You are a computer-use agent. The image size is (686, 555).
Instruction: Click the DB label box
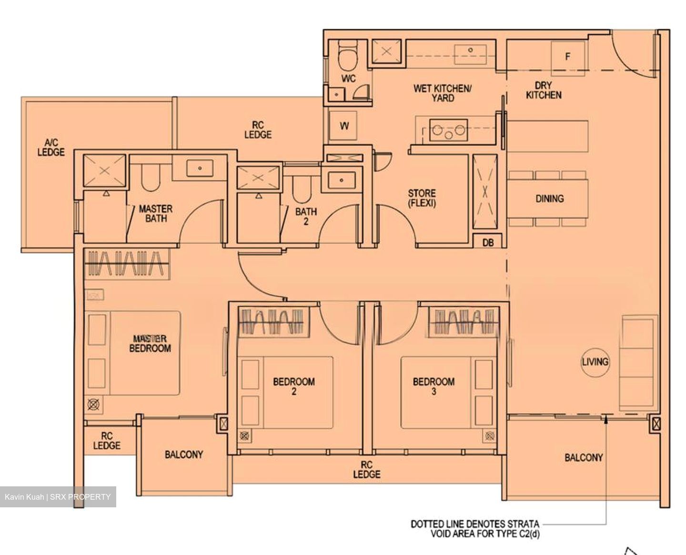coord(488,242)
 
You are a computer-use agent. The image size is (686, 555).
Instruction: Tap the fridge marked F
coord(567,58)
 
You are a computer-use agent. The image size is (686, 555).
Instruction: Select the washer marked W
coord(343,126)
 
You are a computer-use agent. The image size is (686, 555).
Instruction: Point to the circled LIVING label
coord(595,362)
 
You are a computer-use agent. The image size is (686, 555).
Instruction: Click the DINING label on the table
coord(549,198)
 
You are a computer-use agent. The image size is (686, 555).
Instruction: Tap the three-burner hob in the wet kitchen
coord(448,130)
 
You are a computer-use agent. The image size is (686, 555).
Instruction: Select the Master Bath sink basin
coord(200,168)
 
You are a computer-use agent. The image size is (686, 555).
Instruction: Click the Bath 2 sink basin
coord(342,180)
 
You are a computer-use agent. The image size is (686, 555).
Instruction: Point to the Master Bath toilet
coord(151,177)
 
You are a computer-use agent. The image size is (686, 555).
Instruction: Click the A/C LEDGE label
coord(51,148)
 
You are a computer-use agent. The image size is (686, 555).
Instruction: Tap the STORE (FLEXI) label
coord(422,198)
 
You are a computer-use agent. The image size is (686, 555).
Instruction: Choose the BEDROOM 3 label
coord(434,386)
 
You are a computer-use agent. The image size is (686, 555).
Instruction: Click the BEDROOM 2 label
coord(294,386)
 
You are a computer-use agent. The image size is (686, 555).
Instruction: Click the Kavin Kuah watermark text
coord(58,497)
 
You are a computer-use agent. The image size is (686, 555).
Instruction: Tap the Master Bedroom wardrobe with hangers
coord(127,264)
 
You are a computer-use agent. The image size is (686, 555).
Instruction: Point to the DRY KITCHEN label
coord(544,90)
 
